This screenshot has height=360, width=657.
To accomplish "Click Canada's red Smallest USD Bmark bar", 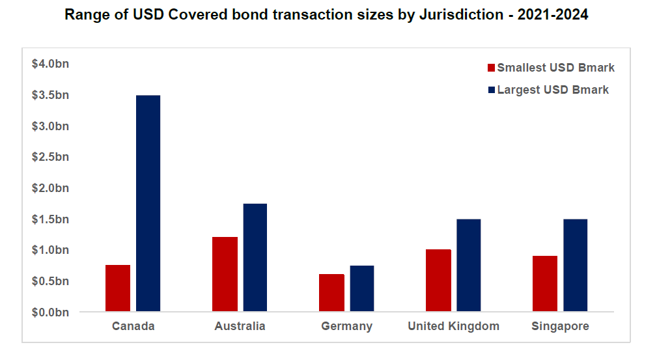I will tap(118, 288).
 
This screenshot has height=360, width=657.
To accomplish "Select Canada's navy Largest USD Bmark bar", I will tap(148, 203).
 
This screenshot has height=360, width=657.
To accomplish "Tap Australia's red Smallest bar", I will tap(225, 274).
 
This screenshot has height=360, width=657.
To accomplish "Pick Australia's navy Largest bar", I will tap(255, 258).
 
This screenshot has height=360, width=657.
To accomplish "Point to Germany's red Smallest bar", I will tap(331, 293).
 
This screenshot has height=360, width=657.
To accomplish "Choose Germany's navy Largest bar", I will tap(362, 288).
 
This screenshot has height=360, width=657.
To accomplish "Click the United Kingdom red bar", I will tap(438, 281).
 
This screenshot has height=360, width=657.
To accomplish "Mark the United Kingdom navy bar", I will tap(469, 266).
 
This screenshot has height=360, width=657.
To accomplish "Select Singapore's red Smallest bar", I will tap(545, 284).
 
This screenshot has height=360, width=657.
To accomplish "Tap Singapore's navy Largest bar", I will tap(576, 266).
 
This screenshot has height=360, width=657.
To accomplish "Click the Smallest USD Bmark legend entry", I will tap(551, 68).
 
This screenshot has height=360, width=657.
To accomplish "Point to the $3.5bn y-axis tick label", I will tap(51, 95).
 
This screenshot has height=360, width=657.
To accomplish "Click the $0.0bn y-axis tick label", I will tap(51, 312).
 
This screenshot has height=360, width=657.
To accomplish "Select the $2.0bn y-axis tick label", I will tap(51, 188).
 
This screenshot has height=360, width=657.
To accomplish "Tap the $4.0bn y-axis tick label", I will tap(51, 64).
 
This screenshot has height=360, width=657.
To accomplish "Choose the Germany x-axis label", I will tap(346, 326).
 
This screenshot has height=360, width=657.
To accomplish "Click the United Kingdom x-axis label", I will tap(453, 326).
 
